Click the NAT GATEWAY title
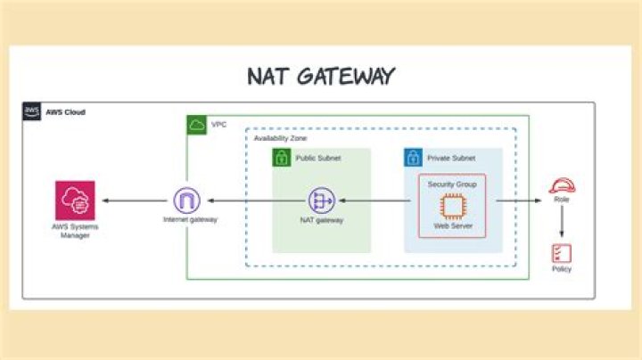pos(320,76)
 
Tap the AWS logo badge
pos(32,111)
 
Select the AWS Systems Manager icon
pos(75,200)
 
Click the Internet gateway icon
pos(187,200)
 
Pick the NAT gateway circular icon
pos(321,200)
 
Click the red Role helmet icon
pos(562,186)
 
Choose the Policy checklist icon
pos(562,252)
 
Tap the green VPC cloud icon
pos(196,125)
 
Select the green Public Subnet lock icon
pos(282,158)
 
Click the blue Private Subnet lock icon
pos(413,158)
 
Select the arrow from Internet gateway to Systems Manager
pos(134,200)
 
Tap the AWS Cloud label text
pos(68,112)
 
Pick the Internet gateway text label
pos(187,219)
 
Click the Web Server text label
pos(452,226)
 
